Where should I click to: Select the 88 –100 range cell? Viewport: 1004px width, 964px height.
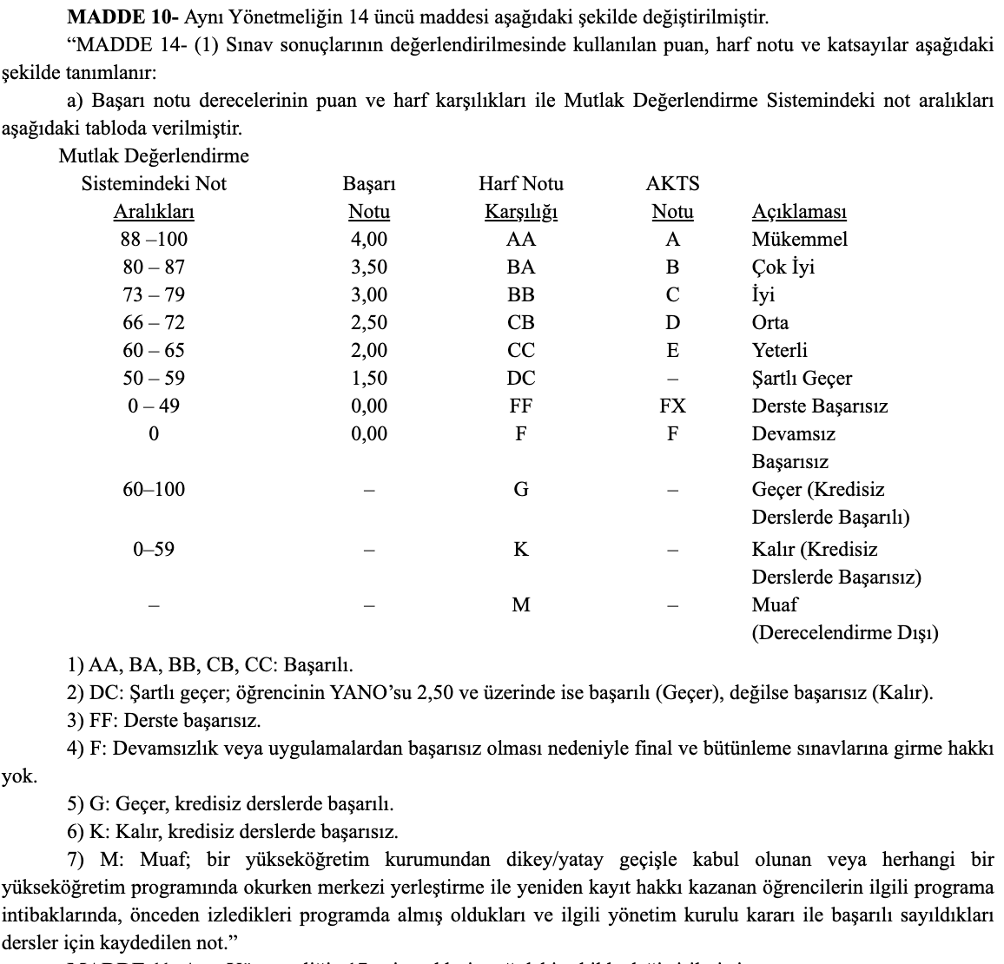tap(154, 240)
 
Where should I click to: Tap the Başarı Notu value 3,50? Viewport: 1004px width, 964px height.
tap(369, 267)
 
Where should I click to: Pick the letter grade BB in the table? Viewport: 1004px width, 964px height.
tap(521, 295)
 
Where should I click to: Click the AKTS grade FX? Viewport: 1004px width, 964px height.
tap(672, 406)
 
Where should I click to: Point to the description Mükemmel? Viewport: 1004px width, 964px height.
tap(799, 240)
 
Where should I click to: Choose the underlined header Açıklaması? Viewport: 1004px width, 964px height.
tap(799, 212)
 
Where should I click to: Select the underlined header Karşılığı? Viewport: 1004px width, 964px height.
tap(521, 212)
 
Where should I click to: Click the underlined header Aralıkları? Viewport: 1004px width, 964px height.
tap(154, 212)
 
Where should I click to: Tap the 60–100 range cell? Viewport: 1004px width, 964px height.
tap(154, 490)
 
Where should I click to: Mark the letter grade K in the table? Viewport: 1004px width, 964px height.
tap(521, 550)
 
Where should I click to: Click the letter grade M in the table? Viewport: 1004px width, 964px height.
tap(521, 605)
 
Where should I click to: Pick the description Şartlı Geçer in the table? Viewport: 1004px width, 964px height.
tap(802, 379)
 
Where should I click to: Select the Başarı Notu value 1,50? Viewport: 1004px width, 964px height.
tap(369, 379)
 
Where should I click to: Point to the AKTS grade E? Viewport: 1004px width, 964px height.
tap(672, 351)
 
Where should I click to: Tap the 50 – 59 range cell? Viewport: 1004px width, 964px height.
tap(154, 379)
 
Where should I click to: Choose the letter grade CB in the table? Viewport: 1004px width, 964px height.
tap(521, 323)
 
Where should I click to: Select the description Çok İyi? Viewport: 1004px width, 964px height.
tap(783, 267)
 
